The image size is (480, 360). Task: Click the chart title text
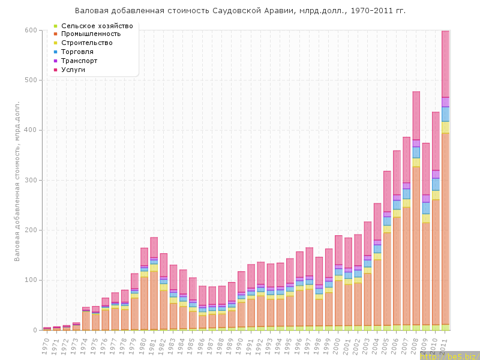click(240, 11)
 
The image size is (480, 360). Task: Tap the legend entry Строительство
click(95, 43)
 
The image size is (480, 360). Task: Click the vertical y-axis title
click(17, 180)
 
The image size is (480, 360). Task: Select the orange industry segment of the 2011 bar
click(445, 228)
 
